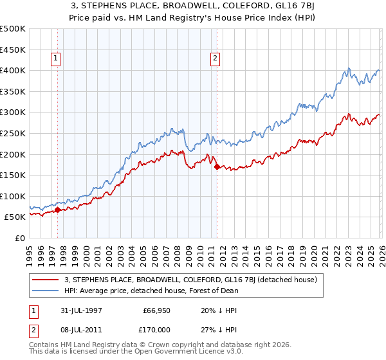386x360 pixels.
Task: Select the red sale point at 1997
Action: [x=58, y=210]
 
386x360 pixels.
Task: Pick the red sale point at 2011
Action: [x=217, y=166]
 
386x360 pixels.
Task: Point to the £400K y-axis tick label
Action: [x=13, y=70]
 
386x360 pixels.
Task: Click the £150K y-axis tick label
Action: [x=13, y=175]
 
